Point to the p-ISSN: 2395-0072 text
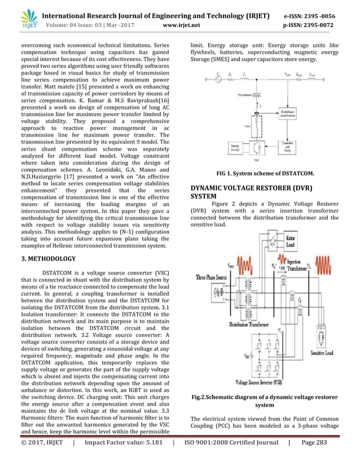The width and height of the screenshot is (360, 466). click(x=320, y=25)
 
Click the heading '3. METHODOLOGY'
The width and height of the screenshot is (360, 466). click(x=48, y=259)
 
